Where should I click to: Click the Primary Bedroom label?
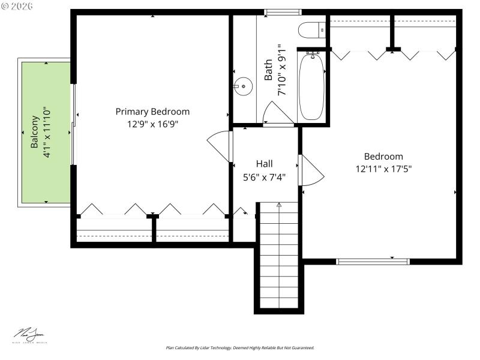coord(152,112)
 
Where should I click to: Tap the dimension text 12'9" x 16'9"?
coord(152,124)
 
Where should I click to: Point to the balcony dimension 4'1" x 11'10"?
coord(47,132)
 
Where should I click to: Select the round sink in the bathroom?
coord(243,86)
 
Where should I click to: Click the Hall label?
coord(264,163)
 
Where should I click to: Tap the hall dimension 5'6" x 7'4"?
coord(264,176)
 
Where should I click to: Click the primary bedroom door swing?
coord(219,146)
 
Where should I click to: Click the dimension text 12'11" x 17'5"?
coord(383,169)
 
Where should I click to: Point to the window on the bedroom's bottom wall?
coord(373,261)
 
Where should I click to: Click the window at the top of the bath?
coord(283,11)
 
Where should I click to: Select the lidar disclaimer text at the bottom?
coord(240,348)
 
